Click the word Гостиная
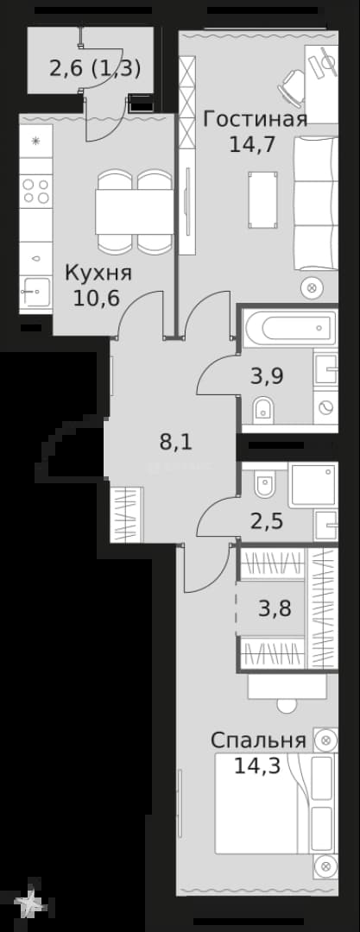point(256,119)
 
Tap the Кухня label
point(98,274)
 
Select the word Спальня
point(259,740)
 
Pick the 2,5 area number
point(266,524)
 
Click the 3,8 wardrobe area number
point(275,608)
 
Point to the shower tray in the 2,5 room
point(313,484)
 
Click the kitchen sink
point(35,292)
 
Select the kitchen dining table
point(135,212)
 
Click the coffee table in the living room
point(263,199)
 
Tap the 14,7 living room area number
point(252,144)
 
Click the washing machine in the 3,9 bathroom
point(325,407)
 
